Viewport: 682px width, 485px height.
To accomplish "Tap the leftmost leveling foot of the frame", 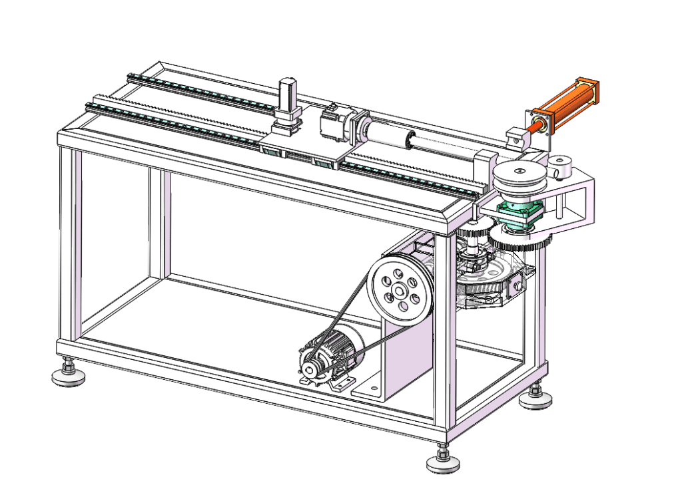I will click(68, 375).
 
